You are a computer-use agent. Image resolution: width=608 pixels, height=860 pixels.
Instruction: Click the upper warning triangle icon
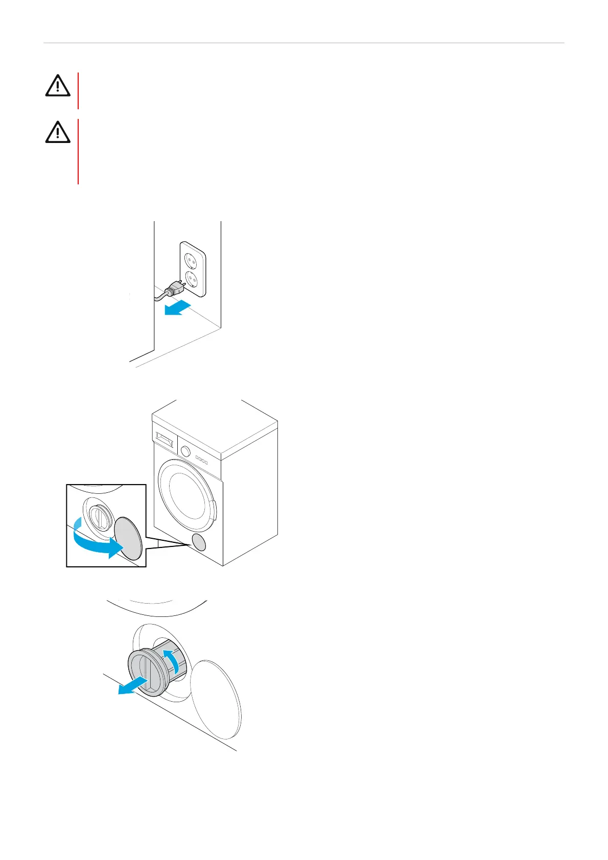pos(58,86)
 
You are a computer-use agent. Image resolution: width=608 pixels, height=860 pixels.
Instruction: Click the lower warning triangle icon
pos(58,132)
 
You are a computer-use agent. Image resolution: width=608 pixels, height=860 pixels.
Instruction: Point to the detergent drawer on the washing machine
pos(164,438)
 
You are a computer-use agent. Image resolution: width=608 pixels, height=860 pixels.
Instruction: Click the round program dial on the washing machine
pos(185,451)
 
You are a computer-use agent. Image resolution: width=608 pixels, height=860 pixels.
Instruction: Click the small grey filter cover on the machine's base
pos(199,541)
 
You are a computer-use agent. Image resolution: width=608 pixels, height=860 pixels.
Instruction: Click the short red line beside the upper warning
pos(78,90)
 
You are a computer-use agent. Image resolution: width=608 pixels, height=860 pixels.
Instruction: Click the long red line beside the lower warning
pos(78,152)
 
